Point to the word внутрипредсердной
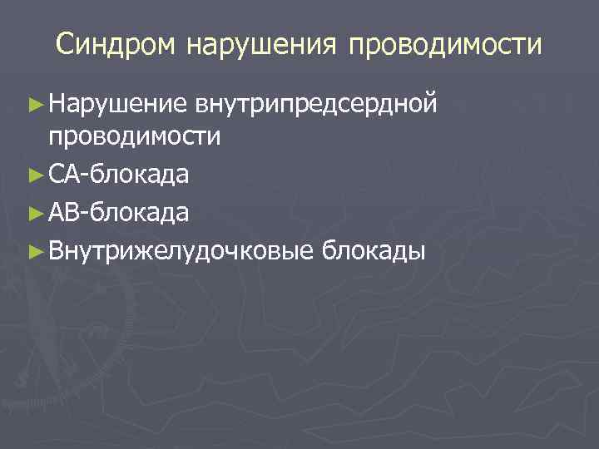[315, 104]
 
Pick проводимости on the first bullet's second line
[134, 136]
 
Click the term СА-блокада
[118, 175]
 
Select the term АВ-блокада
[118, 213]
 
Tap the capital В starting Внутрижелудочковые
[55, 250]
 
